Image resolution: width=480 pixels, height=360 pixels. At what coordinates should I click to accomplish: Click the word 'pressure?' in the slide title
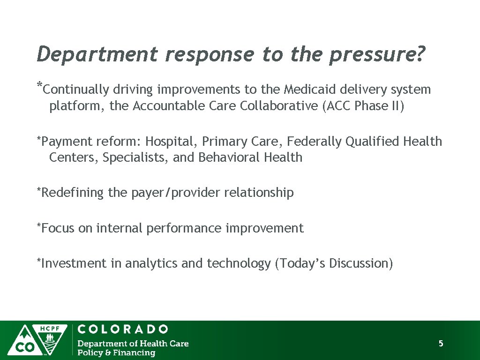[377, 55]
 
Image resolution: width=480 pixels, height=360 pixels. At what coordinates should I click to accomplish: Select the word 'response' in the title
[210, 55]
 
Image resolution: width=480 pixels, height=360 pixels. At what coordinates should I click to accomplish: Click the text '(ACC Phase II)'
[362, 106]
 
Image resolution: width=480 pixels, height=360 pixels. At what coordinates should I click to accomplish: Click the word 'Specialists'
[135, 157]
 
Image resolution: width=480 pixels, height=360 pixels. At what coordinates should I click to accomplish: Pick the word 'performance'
[185, 228]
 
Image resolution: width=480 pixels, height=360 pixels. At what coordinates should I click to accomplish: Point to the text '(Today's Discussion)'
[334, 263]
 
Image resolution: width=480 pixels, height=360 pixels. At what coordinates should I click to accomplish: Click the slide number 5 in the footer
[441, 344]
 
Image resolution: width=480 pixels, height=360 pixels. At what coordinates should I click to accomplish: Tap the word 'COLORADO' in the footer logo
[123, 329]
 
